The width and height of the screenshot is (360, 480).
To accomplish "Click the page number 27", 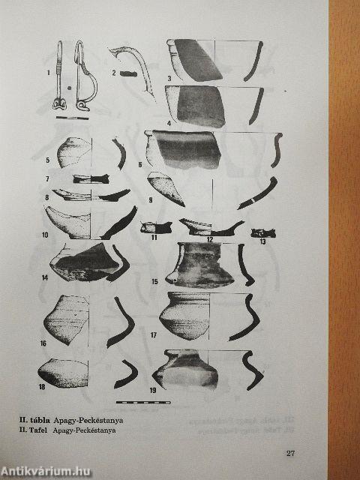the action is coord(290,453).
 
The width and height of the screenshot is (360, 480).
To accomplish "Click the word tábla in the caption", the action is coord(39,420).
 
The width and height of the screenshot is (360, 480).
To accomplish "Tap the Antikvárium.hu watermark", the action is coord(46,471).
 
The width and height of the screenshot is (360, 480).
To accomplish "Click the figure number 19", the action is coord(153,390).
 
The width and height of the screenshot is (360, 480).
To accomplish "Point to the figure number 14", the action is coord(45,278).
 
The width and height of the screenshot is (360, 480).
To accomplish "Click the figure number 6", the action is coord(140,165).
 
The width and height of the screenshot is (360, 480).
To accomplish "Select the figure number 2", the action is coord(114,73).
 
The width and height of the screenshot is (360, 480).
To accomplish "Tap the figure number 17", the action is coord(153,335).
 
